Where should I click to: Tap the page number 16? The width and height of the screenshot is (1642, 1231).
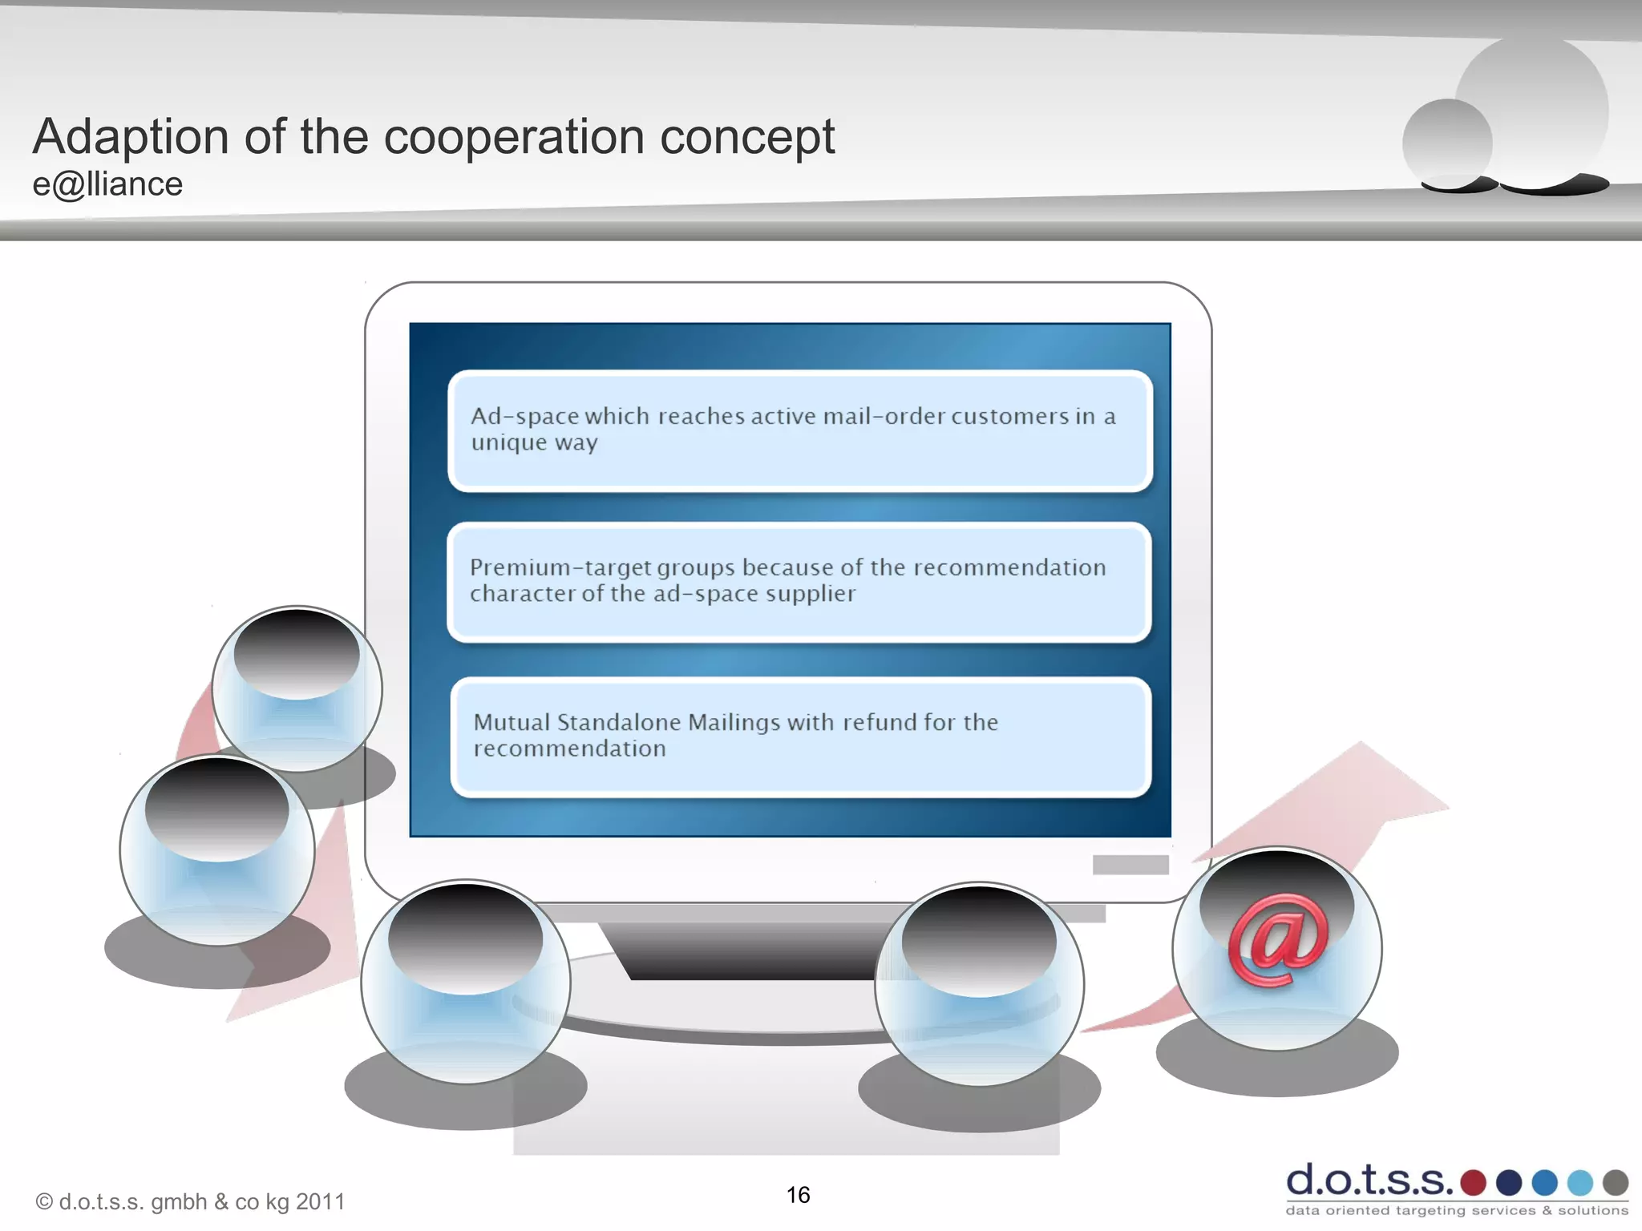click(798, 1195)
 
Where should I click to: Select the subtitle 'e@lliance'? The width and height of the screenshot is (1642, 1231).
click(107, 184)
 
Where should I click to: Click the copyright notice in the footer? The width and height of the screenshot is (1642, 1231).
click(190, 1201)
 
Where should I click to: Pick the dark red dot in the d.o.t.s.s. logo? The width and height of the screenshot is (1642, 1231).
click(1473, 1182)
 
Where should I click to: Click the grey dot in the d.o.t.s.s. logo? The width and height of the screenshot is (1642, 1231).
click(1616, 1182)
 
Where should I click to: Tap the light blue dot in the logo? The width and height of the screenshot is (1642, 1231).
click(1579, 1182)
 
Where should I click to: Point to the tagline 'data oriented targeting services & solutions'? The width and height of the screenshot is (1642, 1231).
click(1457, 1210)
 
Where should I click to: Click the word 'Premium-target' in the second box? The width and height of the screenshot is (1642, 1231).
click(561, 567)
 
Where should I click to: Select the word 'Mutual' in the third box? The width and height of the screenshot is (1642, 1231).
click(512, 722)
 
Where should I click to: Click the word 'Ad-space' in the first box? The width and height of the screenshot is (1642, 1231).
click(524, 416)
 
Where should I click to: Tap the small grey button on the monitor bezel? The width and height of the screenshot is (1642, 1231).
click(1130, 865)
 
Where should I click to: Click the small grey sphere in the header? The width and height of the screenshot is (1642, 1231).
click(1447, 143)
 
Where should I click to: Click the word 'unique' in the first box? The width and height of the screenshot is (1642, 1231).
click(508, 442)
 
